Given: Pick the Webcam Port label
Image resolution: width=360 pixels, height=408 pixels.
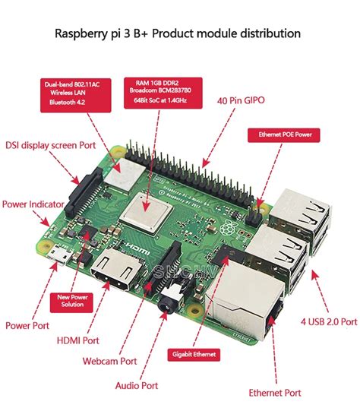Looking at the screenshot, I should pyautogui.click(x=110, y=362).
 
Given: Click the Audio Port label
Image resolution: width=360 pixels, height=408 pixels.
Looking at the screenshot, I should pyautogui.click(x=137, y=385).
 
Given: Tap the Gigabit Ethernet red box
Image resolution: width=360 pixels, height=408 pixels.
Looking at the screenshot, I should pyautogui.click(x=193, y=353).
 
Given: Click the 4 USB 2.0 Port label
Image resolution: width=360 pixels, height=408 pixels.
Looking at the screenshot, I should pyautogui.click(x=328, y=321).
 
